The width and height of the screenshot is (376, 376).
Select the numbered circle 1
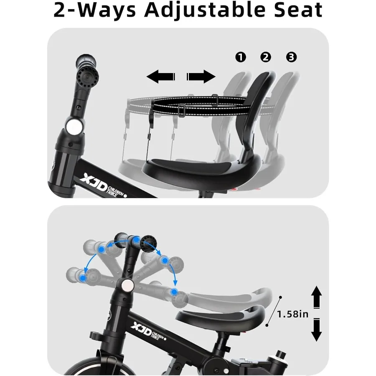241,57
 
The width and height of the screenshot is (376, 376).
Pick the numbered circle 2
266,57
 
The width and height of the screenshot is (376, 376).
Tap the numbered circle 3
291,57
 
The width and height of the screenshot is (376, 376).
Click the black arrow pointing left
160,76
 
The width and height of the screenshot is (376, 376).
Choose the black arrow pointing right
201,76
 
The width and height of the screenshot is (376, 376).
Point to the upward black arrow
317,297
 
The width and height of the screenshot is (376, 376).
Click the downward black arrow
317,330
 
